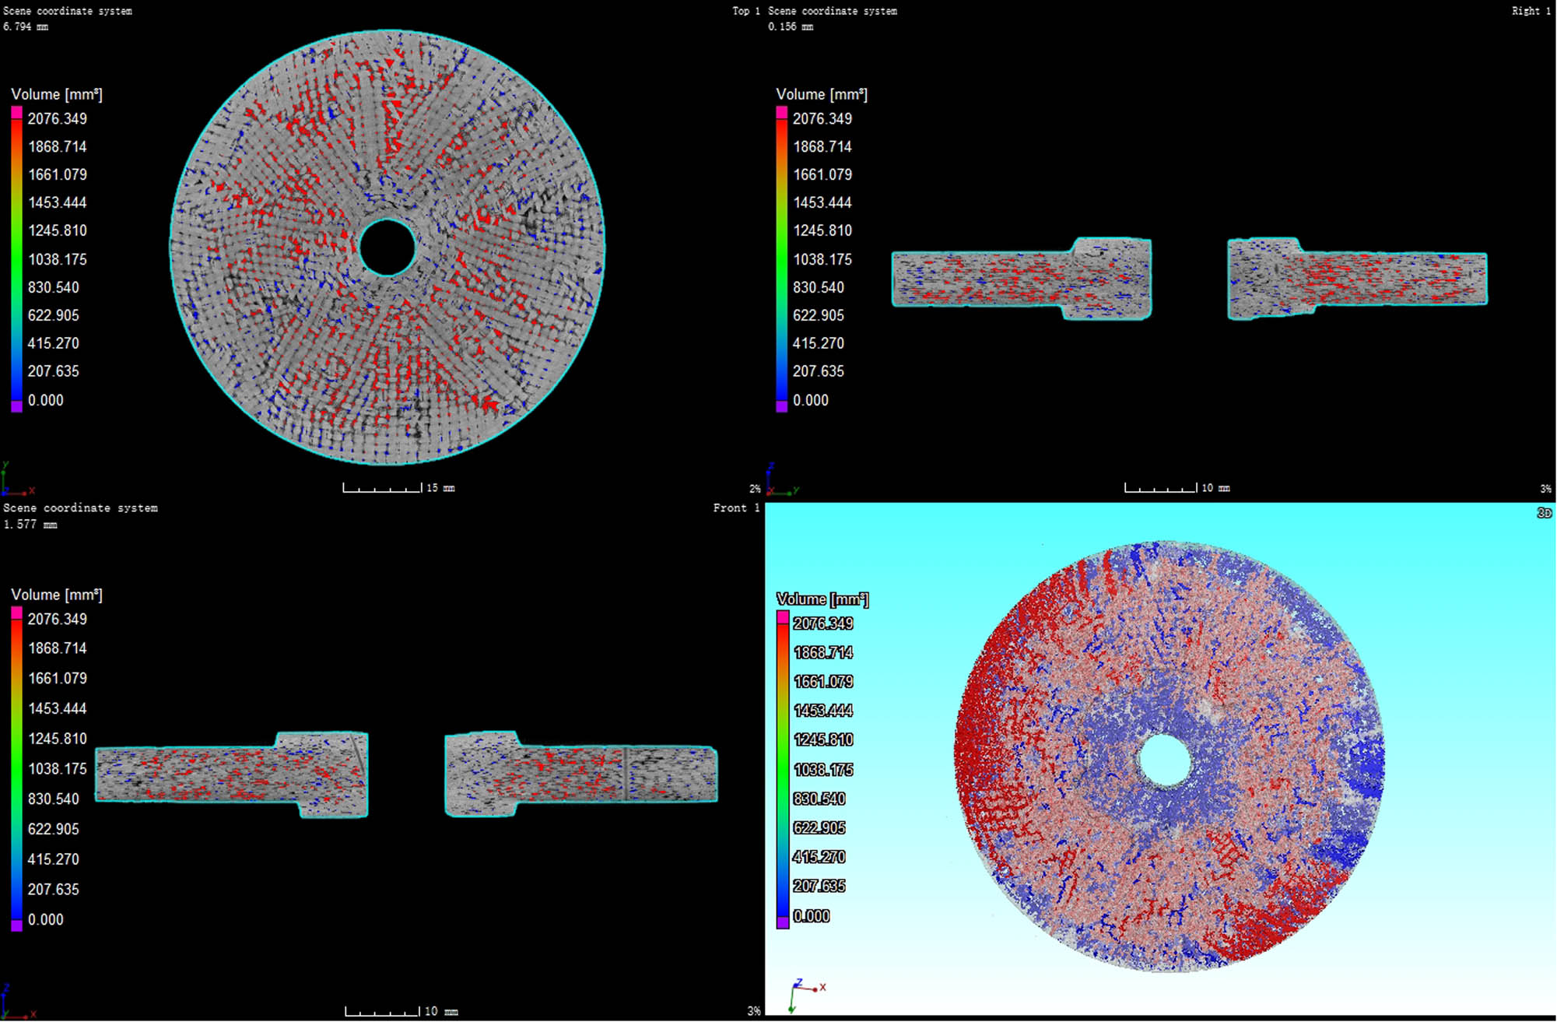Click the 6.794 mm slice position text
pyautogui.click(x=25, y=26)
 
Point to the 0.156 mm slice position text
pyautogui.click(x=791, y=26)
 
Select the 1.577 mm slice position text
pyautogui.click(x=30, y=525)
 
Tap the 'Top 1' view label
pyautogui.click(x=745, y=11)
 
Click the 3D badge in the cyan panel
pyautogui.click(x=1544, y=513)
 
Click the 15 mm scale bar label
pyautogui.click(x=440, y=488)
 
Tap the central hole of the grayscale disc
pyautogui.click(x=387, y=248)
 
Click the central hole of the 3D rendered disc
pyautogui.click(x=1165, y=760)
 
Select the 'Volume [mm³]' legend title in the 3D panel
pyautogui.click(x=822, y=599)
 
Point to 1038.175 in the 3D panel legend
pyautogui.click(x=823, y=770)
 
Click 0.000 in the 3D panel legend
pyautogui.click(x=812, y=916)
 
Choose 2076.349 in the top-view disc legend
pyautogui.click(x=58, y=119)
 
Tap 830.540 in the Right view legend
pyautogui.click(x=819, y=288)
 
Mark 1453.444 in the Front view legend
pyautogui.click(x=58, y=709)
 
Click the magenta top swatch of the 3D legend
pyautogui.click(x=783, y=617)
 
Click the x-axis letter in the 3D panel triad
pyautogui.click(x=822, y=987)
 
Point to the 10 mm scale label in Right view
pyautogui.click(x=1215, y=488)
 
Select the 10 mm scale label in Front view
pyautogui.click(x=440, y=1011)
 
